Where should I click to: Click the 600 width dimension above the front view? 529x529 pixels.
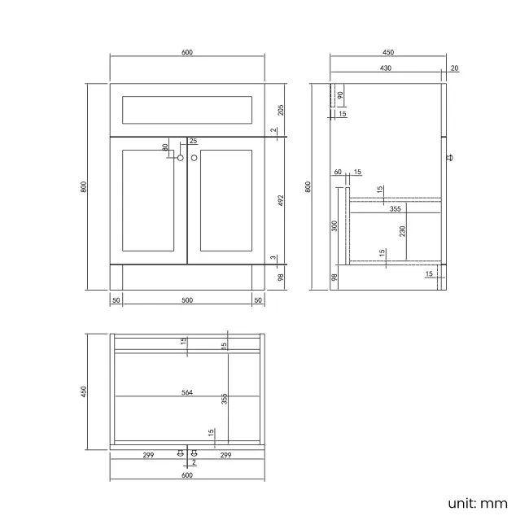tap(187, 52)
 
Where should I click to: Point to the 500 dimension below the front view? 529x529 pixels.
tap(187, 300)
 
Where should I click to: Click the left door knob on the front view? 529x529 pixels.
tap(180, 158)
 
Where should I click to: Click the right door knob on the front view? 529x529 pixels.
tap(195, 158)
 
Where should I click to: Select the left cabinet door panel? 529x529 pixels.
tap(149, 200)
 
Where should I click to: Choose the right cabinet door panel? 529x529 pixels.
tap(225, 200)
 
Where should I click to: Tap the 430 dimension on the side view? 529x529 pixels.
tap(386, 68)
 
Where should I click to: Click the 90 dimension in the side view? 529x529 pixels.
tap(340, 95)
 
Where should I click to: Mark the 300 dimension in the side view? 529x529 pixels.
tap(334, 225)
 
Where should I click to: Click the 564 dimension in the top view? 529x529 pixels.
tap(187, 392)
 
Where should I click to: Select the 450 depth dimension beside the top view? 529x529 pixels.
tap(83, 392)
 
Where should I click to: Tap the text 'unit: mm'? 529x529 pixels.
tap(477, 502)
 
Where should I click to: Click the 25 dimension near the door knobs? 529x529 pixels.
tap(193, 141)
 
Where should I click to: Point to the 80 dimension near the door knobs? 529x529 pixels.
tap(165, 148)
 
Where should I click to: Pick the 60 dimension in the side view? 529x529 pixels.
tap(338, 172)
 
